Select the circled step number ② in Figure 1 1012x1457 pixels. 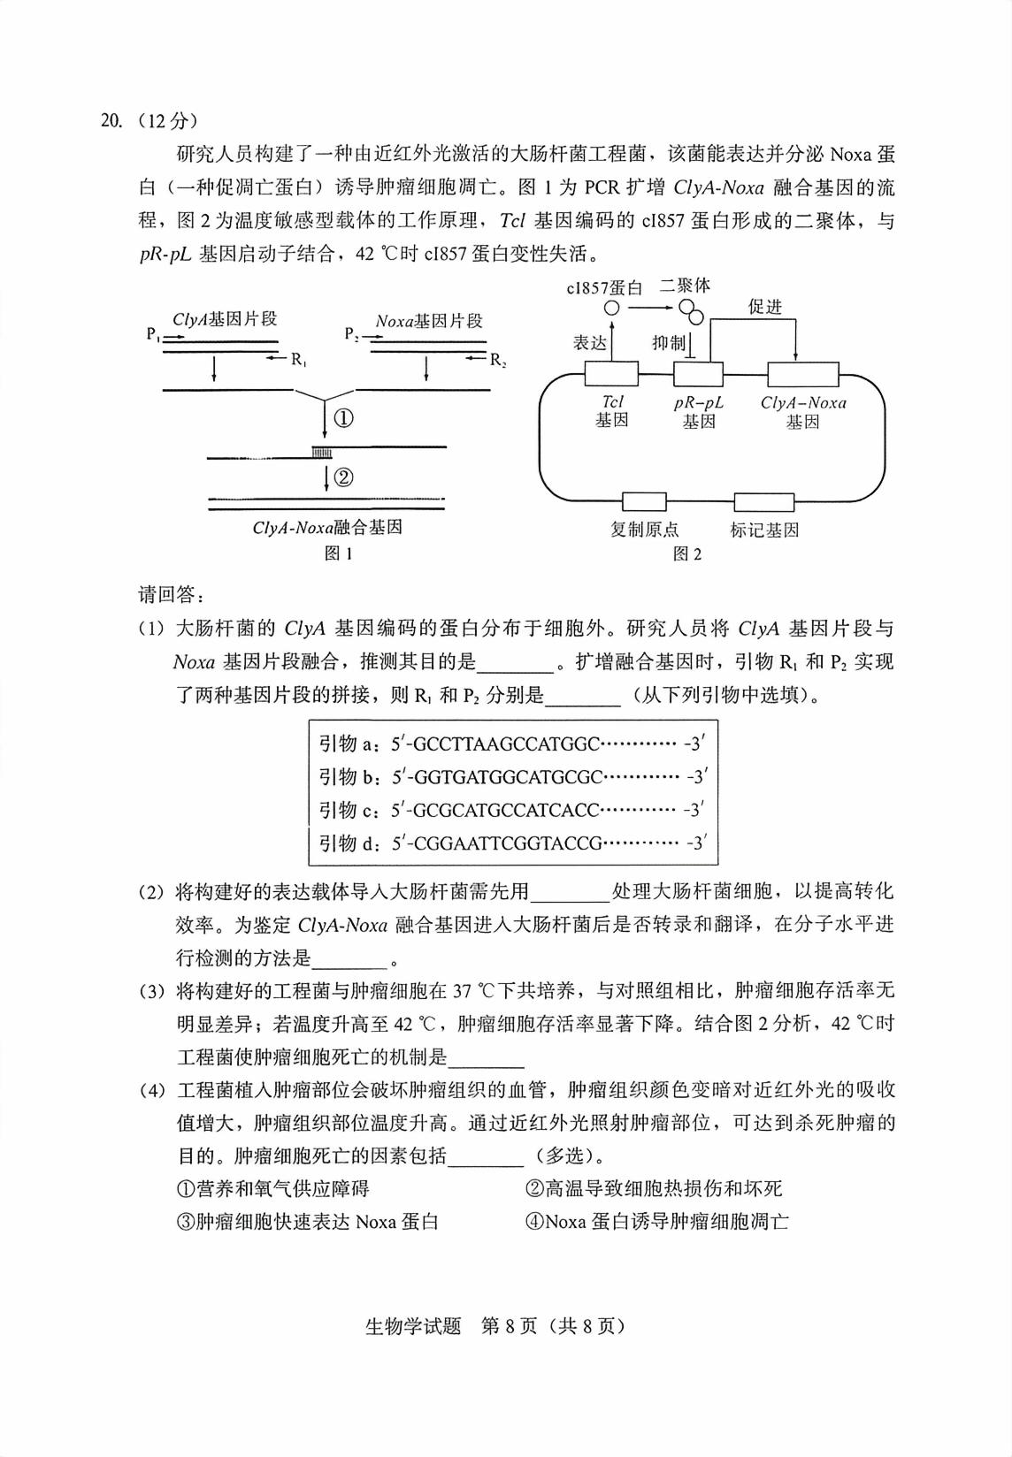(343, 478)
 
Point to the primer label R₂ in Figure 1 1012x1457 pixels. (498, 360)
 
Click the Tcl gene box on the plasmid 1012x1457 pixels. (611, 374)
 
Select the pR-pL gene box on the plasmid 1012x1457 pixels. (698, 374)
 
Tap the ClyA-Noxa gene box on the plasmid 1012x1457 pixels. (803, 374)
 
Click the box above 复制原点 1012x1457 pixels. (644, 502)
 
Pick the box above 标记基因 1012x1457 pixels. (764, 502)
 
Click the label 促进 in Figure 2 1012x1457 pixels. (765, 307)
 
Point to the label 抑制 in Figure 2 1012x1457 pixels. (669, 343)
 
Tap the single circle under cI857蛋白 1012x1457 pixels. (611, 308)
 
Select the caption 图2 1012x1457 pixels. (687, 554)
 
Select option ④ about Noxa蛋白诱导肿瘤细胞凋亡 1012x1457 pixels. (656, 1222)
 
